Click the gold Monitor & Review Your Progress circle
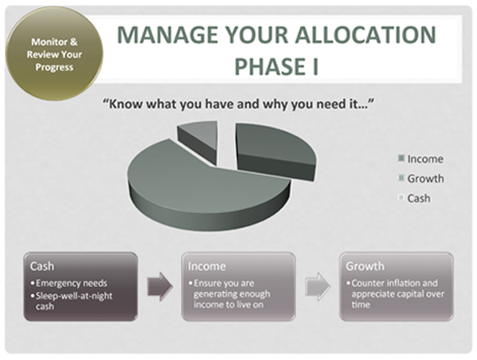54,54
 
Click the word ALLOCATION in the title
366,34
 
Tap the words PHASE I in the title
276,66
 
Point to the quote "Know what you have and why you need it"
238,104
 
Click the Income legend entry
420,159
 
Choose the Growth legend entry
421,179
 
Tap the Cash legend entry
415,198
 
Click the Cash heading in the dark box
42,267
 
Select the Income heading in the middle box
207,267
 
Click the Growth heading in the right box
365,267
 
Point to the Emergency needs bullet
69,283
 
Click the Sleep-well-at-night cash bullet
71,301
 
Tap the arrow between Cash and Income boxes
160,287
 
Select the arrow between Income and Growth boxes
318,287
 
